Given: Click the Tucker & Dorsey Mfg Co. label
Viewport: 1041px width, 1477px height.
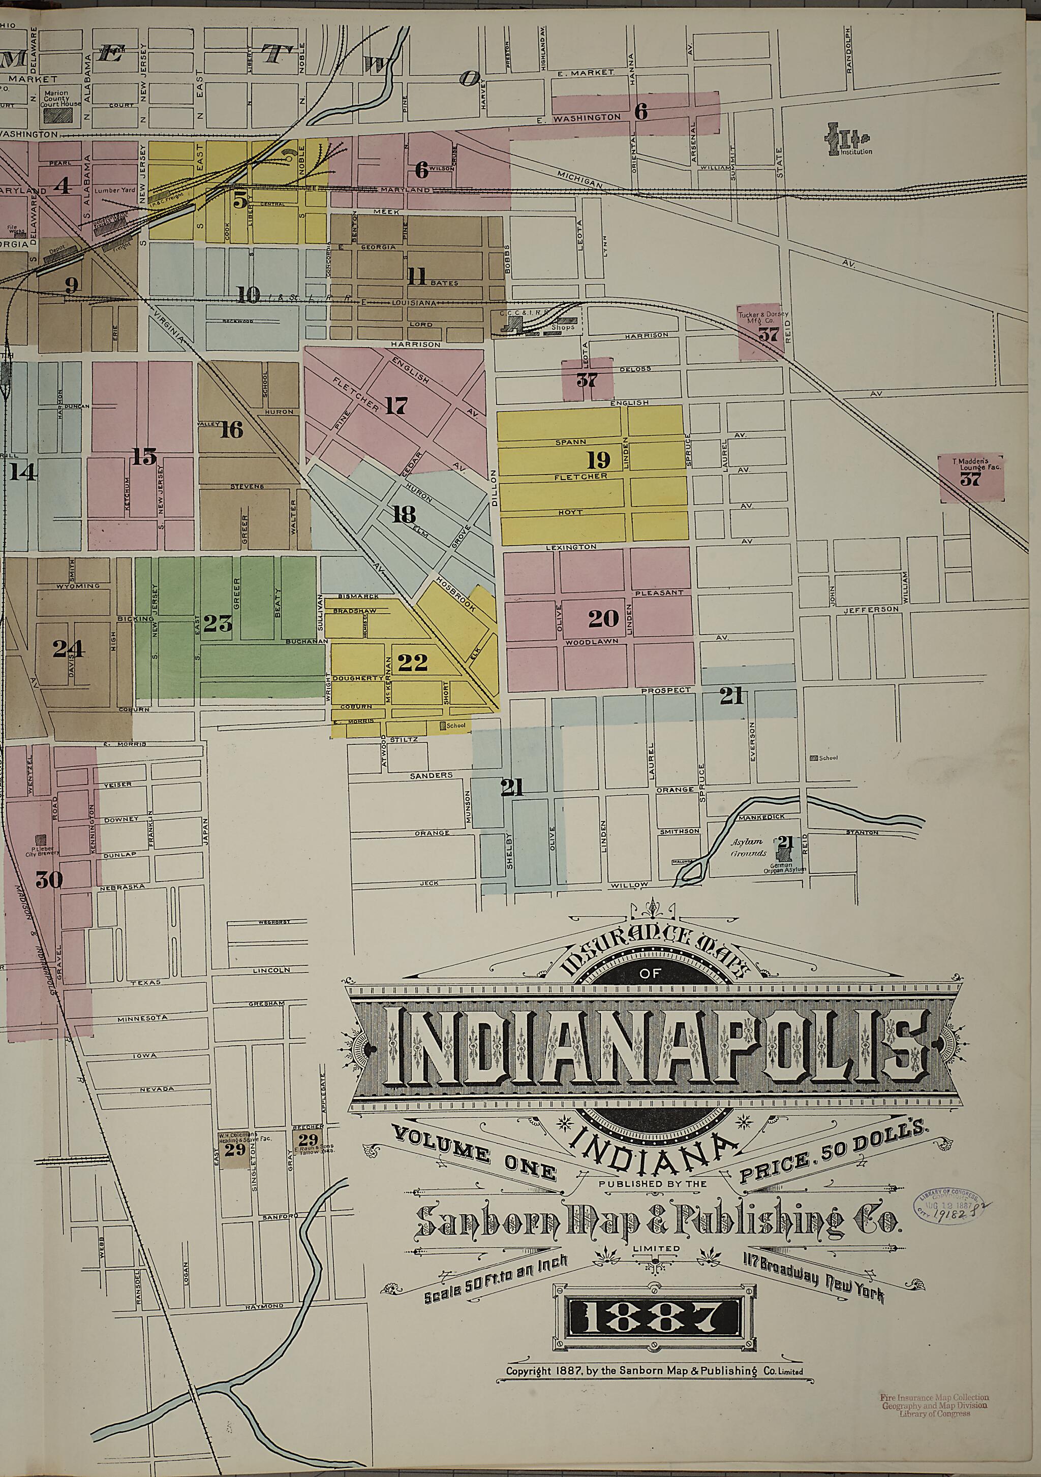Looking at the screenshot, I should click(763, 318).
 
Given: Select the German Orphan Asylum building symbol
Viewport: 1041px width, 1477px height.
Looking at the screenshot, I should click(784, 854).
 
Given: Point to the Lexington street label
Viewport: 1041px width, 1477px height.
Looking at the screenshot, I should click(571, 547).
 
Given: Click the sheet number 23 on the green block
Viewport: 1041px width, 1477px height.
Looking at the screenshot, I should click(218, 623).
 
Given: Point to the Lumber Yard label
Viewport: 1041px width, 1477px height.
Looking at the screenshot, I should click(111, 191).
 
